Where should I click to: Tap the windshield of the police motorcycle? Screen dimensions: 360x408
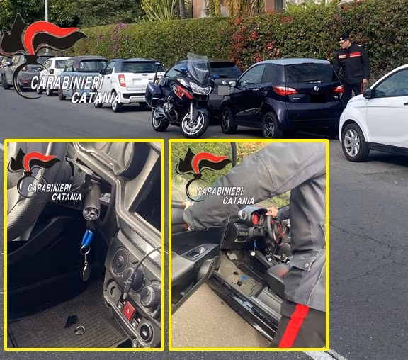click(199, 69)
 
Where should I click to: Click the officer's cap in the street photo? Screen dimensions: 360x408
click(344, 36)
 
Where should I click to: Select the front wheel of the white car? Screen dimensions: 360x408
click(353, 142)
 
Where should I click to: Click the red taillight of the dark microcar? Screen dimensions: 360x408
click(285, 91)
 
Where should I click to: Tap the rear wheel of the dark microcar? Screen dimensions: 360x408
click(271, 125)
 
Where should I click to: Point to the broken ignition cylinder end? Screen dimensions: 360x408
click(91, 210)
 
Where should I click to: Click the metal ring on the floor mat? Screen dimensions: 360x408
click(79, 330)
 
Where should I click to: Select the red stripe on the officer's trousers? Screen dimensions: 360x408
click(294, 325)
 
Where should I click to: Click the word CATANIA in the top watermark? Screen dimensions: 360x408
click(95, 98)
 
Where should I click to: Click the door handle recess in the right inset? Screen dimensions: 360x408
click(194, 251)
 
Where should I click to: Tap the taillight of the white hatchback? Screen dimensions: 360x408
click(122, 80)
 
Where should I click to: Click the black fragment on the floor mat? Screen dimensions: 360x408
click(71, 321)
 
